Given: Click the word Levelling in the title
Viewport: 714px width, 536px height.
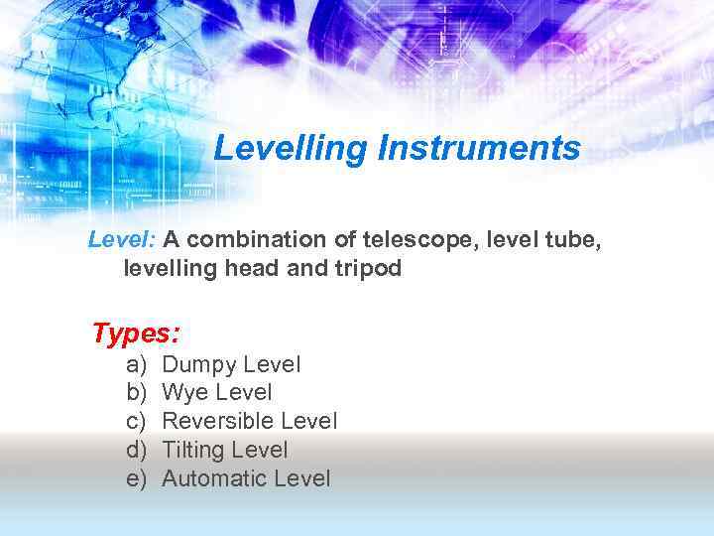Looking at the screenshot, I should pyautogui.click(x=291, y=149).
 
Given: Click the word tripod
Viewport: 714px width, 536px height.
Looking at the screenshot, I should pyautogui.click(x=367, y=268).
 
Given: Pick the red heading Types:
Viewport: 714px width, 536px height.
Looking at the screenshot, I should pyautogui.click(x=135, y=333).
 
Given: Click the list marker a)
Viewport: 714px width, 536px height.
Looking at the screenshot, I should pyautogui.click(x=137, y=365).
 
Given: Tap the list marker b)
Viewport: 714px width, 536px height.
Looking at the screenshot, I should pyautogui.click(x=137, y=393).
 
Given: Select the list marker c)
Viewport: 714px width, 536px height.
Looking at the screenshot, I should pyautogui.click(x=137, y=422).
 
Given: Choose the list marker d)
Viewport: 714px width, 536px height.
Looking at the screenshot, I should pyautogui.click(x=137, y=451).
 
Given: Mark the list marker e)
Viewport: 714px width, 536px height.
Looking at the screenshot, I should pyautogui.click(x=137, y=479).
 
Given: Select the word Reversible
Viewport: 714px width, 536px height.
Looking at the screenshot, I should pyautogui.click(x=218, y=422).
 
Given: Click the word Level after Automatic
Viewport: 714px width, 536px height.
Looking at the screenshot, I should pyautogui.click(x=301, y=479).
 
